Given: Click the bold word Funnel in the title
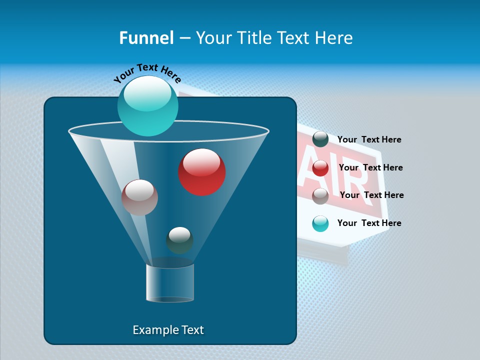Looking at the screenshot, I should coord(146,38).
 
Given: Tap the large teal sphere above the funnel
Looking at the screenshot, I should coord(147,106).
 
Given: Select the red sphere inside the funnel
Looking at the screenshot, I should coord(202,172).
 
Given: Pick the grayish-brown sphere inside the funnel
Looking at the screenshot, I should coord(139,197).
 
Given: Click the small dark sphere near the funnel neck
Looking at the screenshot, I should coord(179,240).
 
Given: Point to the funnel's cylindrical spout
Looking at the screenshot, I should coord(170,282).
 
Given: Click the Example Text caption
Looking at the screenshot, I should coord(168,330).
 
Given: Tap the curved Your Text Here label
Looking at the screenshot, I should coord(147,73).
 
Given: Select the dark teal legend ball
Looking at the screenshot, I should coord(320,139).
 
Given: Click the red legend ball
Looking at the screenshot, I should coord(320,168).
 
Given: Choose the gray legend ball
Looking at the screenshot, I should coord(320,196).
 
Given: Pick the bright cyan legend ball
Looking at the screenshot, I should coord(320,223).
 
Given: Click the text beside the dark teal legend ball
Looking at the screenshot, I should coord(369,139).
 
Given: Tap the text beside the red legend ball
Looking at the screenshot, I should coord(370,167).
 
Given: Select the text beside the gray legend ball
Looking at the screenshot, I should coord(371,195).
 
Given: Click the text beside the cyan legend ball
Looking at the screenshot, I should coord(369,223).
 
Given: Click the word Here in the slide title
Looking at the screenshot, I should coord(334,38).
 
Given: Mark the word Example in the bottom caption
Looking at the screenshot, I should coord(154,330).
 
